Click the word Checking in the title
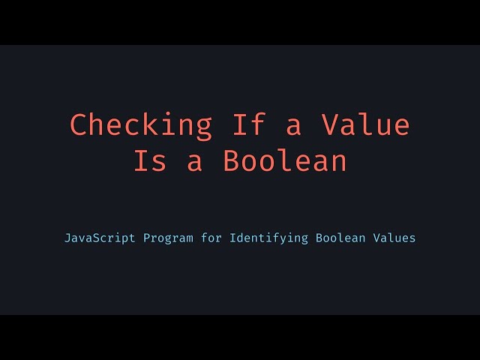[x=141, y=124]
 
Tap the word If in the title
[x=248, y=124]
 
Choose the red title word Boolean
[x=285, y=161]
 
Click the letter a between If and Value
[x=293, y=126]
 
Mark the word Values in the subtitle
[x=394, y=238]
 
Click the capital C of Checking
[x=79, y=124]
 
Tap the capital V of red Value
[x=329, y=124]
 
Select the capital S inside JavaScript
[x=98, y=238]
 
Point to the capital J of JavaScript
[x=68, y=238]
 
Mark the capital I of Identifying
[x=233, y=238]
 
